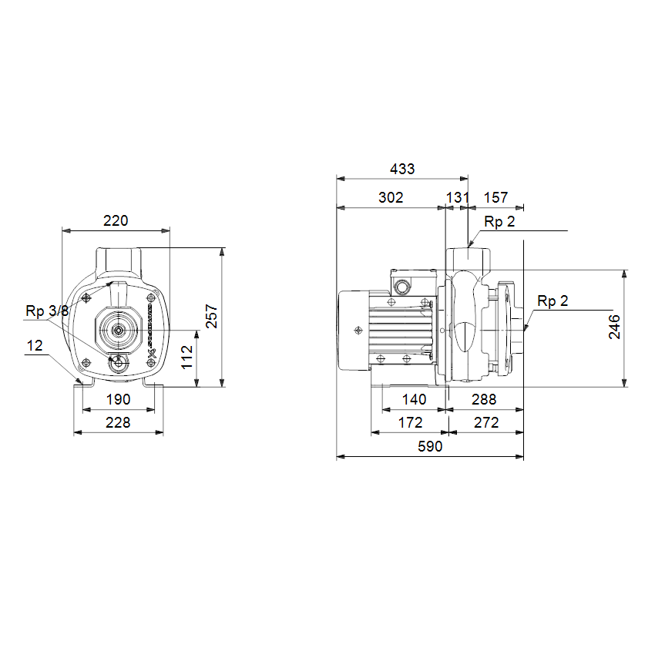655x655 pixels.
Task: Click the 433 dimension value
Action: [x=402, y=170]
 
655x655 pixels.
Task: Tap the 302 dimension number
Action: [x=391, y=197]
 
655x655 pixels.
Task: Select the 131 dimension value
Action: [x=458, y=197]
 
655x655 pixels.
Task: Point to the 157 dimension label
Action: [x=495, y=197]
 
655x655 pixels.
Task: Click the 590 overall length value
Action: [x=430, y=446]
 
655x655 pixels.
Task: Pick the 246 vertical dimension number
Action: [x=614, y=327]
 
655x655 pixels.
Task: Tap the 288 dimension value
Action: [x=484, y=400]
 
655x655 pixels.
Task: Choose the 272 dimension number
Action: [x=487, y=423]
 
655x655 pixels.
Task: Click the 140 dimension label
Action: [x=414, y=400]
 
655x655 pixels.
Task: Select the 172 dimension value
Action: [x=411, y=423]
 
